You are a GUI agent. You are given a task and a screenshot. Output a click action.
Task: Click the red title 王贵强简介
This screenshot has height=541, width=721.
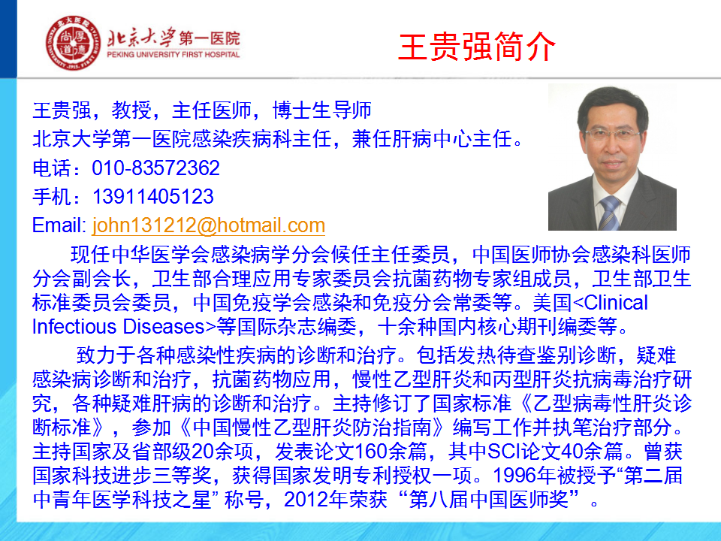point(477,47)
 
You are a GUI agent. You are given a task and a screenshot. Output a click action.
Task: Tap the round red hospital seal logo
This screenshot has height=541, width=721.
point(73,43)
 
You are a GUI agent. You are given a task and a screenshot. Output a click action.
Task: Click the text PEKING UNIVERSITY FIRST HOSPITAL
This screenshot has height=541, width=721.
point(173,54)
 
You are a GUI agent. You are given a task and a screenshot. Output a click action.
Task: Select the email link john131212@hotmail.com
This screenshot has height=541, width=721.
point(209,225)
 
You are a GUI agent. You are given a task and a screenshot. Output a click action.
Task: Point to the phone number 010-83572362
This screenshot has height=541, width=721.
point(155,168)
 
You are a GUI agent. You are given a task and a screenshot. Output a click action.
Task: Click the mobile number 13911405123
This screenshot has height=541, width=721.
point(153,197)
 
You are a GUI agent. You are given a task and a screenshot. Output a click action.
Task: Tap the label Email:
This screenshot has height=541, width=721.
point(59,225)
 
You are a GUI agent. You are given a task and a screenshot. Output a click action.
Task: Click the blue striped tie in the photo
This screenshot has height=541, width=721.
point(610,213)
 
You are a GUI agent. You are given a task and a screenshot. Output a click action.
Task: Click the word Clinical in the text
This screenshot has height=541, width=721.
point(616,303)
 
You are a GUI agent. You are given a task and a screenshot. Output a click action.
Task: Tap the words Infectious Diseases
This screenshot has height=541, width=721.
point(118,327)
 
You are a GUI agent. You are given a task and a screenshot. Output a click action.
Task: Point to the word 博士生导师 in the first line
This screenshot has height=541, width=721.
point(322,110)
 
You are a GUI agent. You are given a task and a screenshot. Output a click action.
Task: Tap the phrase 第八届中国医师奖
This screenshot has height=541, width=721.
point(489,500)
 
